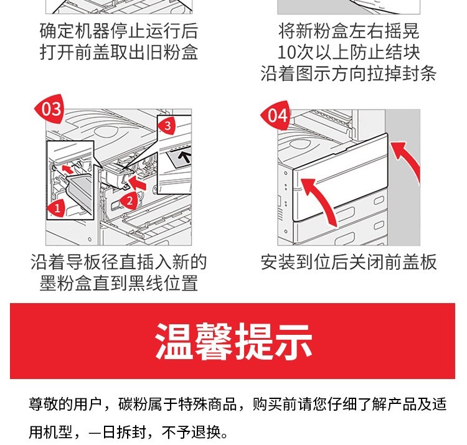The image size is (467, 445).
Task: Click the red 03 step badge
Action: pos(49,109)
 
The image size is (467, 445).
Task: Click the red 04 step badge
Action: pos(276,116)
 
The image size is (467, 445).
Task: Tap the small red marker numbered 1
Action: pos(57,208)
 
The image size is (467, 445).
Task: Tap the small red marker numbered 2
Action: pos(130,201)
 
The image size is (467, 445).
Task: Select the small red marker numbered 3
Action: pos(167,126)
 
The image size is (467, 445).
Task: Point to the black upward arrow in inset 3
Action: pos(186,157)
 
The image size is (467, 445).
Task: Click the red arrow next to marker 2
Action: pos(137,182)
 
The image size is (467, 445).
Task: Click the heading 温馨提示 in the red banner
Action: pos(233,341)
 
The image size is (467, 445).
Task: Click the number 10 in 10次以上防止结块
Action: pos(287,53)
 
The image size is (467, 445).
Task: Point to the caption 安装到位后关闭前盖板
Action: pos(349,262)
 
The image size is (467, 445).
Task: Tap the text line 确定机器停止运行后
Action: pos(118,31)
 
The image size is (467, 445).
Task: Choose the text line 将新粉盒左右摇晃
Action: pos(349,31)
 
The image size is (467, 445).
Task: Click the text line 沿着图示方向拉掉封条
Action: pos(349,73)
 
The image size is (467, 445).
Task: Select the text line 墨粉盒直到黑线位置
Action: pos(118,283)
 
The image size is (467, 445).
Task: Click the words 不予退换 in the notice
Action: pos(191,432)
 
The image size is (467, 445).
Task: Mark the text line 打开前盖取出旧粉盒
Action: pos(118,52)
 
